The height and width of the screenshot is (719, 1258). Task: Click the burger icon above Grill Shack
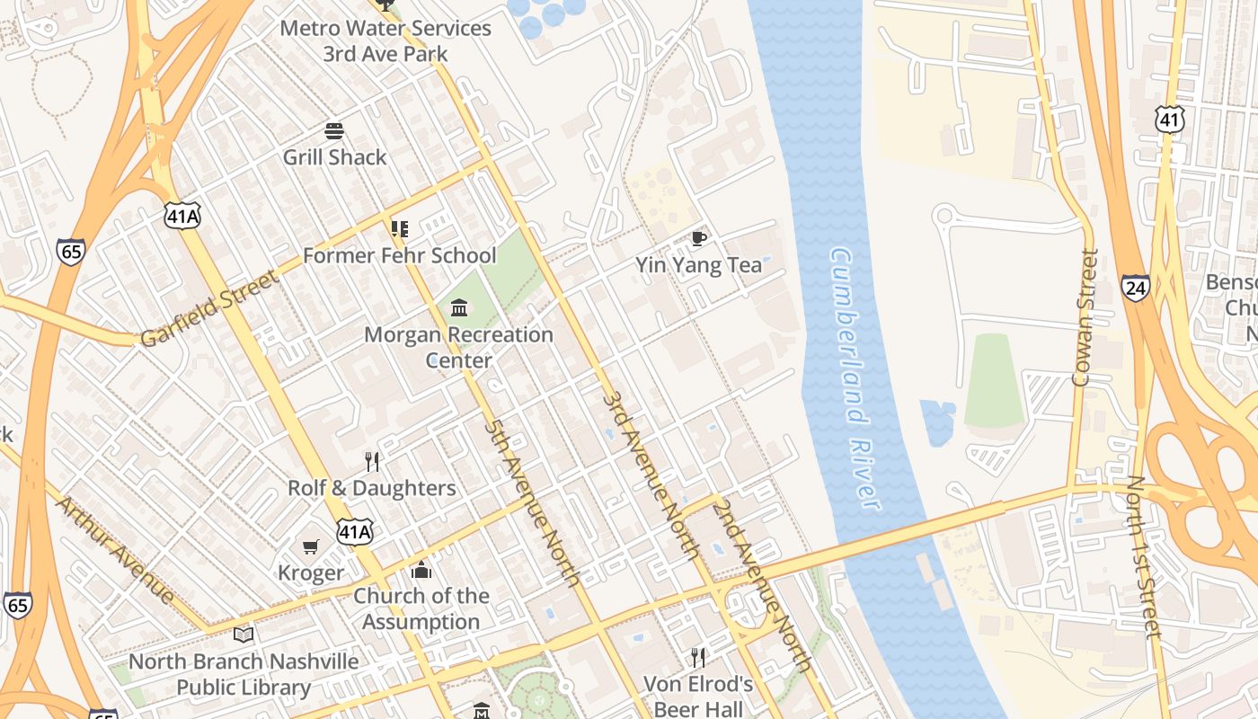tap(334, 131)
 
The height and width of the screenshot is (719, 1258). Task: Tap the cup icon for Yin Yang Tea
tap(698, 238)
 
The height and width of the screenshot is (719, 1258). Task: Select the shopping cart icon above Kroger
tap(311, 546)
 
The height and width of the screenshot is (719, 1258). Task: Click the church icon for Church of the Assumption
tap(421, 570)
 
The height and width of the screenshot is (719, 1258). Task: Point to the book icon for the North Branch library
tap(243, 635)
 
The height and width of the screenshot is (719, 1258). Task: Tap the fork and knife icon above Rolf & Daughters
tap(372, 462)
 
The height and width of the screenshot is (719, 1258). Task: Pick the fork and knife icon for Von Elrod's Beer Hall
tap(698, 658)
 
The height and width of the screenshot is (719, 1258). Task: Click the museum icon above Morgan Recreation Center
tap(459, 308)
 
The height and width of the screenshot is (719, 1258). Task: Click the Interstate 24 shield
tap(1136, 288)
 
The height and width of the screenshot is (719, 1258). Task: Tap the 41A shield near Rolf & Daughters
tap(354, 532)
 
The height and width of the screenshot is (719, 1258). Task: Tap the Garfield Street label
tap(209, 308)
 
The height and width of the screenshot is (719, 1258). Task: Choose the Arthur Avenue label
tap(115, 548)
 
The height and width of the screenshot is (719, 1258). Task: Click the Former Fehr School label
tap(399, 255)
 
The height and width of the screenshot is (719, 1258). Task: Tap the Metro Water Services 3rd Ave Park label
tap(385, 40)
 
